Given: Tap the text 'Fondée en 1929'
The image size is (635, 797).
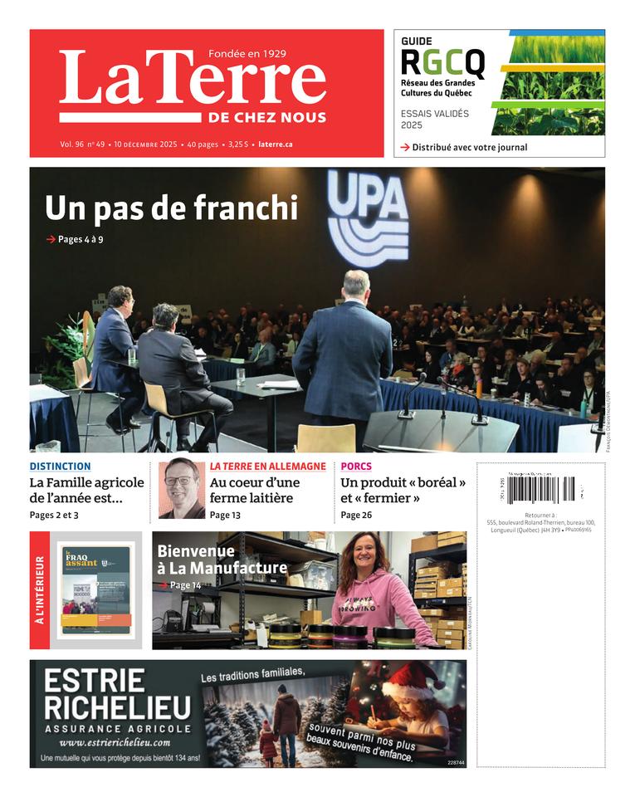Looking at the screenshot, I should (247, 54).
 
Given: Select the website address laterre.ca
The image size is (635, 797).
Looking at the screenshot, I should (276, 144).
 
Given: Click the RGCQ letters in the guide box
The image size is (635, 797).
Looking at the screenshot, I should (442, 62).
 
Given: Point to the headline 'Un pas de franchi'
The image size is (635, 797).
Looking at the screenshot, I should (171, 208).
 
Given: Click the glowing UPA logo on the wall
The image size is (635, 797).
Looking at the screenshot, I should (368, 218).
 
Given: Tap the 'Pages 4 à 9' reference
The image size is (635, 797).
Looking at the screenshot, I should (80, 240).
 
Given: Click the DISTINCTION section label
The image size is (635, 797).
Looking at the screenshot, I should (60, 467).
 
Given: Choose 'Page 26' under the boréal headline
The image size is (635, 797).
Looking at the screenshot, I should (356, 515).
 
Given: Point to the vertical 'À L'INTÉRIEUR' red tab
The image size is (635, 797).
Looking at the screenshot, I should (39, 590).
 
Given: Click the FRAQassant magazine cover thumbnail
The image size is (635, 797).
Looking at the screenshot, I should (94, 590).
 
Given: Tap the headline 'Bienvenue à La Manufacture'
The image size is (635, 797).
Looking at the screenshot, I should (221, 560).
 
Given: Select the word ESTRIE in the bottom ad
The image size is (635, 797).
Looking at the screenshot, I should (94, 682).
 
